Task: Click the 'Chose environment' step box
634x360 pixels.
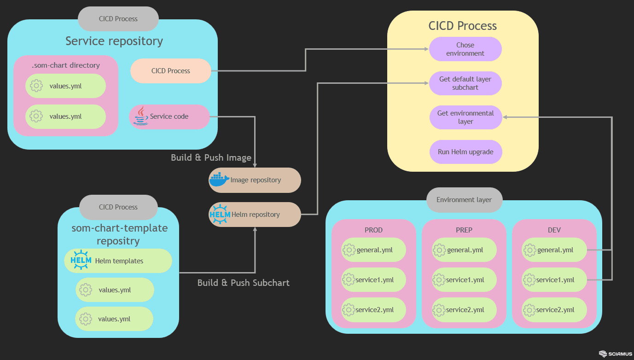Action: coord(465,49)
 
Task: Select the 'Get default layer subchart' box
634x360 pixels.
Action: coord(465,83)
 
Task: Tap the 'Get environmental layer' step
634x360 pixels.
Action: coord(465,117)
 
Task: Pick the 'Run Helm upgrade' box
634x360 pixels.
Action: coord(465,152)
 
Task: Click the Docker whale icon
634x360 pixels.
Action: coord(219,180)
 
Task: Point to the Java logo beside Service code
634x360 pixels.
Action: coord(140,116)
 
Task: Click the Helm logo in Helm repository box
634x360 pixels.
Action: coord(220,214)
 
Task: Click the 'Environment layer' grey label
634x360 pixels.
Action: coord(464,200)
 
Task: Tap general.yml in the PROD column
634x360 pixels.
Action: coord(374,250)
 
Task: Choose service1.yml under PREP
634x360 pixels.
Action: coord(464,280)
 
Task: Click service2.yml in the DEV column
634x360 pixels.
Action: coord(554,310)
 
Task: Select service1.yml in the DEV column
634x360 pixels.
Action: coord(554,280)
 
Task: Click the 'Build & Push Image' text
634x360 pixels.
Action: coord(211,157)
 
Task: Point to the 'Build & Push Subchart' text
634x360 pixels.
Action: coord(243,283)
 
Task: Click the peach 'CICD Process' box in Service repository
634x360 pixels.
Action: coord(171,71)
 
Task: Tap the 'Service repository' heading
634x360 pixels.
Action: coord(114,41)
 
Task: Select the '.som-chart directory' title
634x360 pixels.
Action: coord(66,65)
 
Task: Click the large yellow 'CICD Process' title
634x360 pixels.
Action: coord(462,26)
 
